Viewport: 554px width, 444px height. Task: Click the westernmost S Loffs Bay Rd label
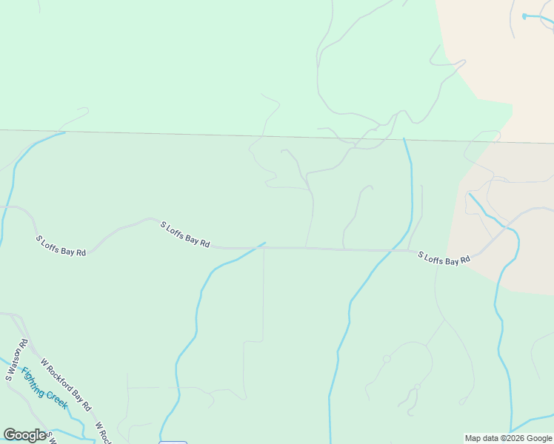pyautogui.click(x=61, y=246)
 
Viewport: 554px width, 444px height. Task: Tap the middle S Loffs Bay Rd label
pyautogui.click(x=185, y=234)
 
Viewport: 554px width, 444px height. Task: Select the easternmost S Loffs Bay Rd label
pyautogui.click(x=444, y=258)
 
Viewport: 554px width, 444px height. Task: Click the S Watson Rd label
pyautogui.click(x=16, y=360)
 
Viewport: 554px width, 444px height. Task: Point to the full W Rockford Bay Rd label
pyautogui.click(x=66, y=385)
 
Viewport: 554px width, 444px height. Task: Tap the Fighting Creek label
pyautogui.click(x=44, y=388)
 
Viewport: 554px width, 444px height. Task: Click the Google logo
pyautogui.click(x=24, y=435)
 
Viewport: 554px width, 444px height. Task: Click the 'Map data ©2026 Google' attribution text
pyautogui.click(x=509, y=438)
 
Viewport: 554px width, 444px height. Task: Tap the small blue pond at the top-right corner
pyautogui.click(x=524, y=16)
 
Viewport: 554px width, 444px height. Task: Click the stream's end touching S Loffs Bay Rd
pyautogui.click(x=264, y=243)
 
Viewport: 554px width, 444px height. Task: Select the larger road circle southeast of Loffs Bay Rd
pyautogui.click(x=387, y=359)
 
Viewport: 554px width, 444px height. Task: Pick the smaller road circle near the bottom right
pyautogui.click(x=417, y=386)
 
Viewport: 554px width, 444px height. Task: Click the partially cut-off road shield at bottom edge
pyautogui.click(x=173, y=442)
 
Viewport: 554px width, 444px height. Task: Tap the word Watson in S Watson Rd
pyautogui.click(x=17, y=357)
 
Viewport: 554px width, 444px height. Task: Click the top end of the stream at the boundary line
pyautogui.click(x=404, y=138)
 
